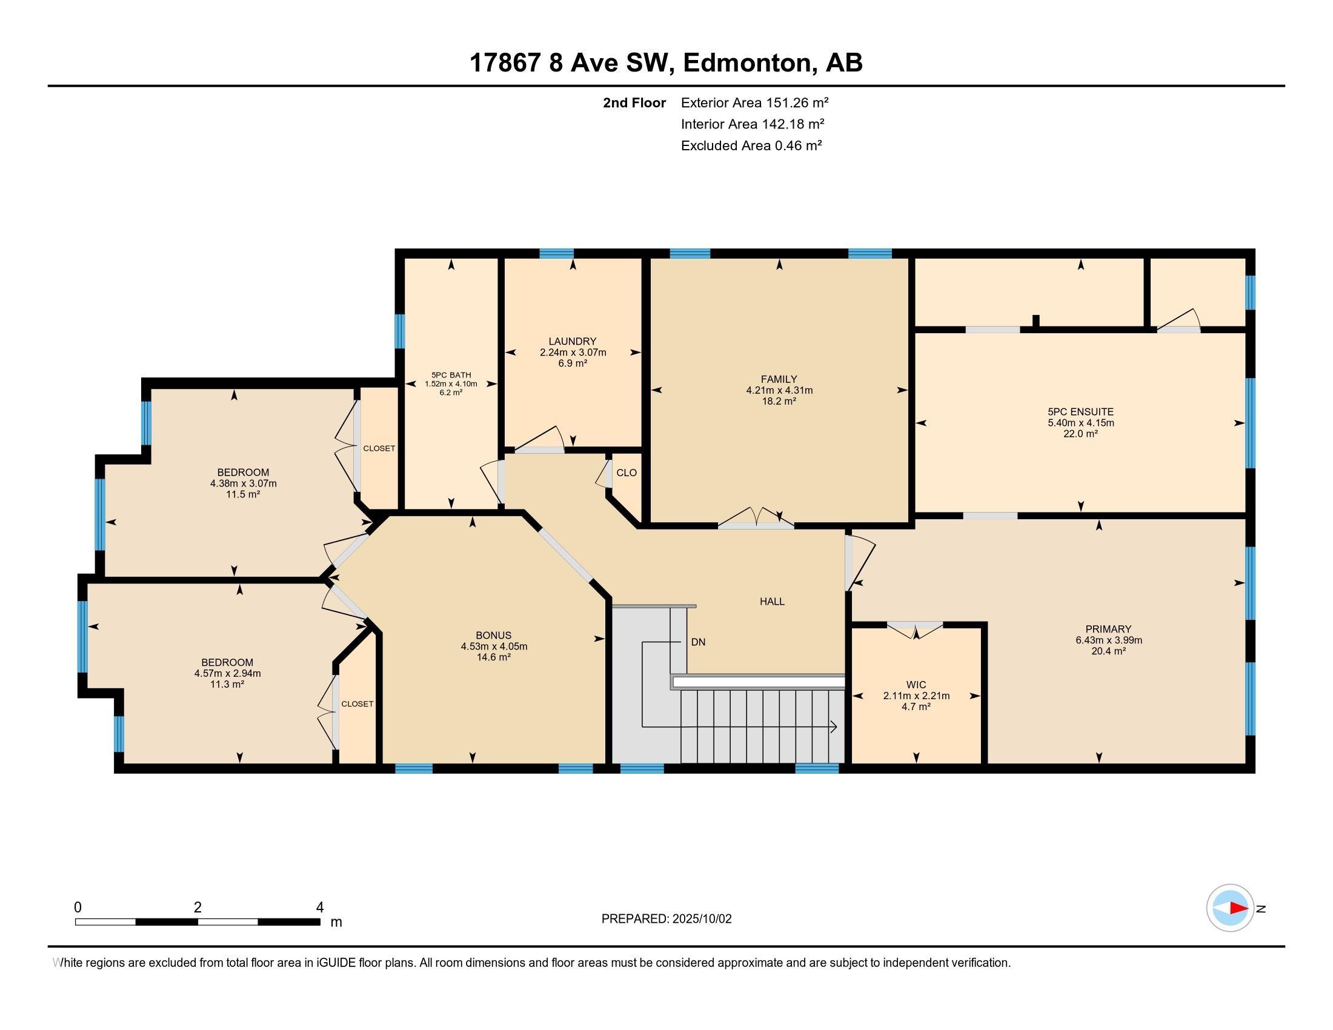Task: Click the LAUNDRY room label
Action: (572, 341)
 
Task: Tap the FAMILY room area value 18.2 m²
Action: (779, 402)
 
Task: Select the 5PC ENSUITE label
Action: (1080, 412)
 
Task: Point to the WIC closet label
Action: (916, 685)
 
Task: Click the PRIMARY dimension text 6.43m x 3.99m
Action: (1108, 640)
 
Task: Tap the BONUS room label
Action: (494, 635)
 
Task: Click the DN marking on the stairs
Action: (698, 642)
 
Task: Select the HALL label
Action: (772, 602)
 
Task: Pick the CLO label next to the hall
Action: (627, 473)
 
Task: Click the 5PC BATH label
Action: (451, 375)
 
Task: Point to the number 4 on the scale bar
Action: (320, 908)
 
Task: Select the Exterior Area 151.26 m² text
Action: (754, 102)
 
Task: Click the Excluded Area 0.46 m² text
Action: (751, 145)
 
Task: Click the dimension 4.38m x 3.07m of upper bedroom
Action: (243, 483)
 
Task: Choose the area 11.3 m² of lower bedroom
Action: (227, 685)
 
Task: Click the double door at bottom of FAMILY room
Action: (756, 517)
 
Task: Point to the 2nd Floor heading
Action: (634, 102)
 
